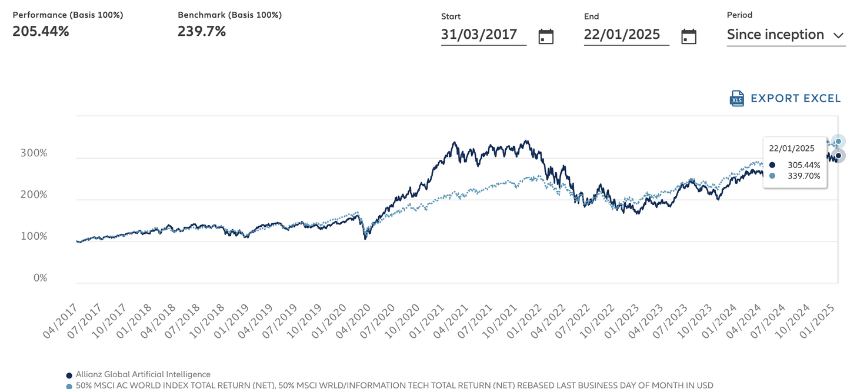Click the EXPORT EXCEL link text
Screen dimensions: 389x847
pyautogui.click(x=795, y=99)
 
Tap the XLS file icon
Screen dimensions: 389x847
pyautogui.click(x=737, y=99)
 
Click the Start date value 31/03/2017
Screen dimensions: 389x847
pyautogui.click(x=479, y=35)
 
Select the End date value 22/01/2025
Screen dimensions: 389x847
pyautogui.click(x=622, y=35)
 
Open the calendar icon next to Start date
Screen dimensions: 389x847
pyautogui.click(x=546, y=36)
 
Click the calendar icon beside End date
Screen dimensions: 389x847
pyautogui.click(x=689, y=36)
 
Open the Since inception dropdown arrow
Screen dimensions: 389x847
pyautogui.click(x=839, y=35)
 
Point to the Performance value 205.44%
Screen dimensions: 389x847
pyautogui.click(x=41, y=32)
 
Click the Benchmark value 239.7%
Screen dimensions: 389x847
pyautogui.click(x=202, y=32)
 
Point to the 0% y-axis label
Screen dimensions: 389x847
pyautogui.click(x=40, y=278)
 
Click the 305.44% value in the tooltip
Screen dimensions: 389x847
pyautogui.click(x=803, y=165)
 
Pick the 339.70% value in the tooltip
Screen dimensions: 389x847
pyautogui.click(x=803, y=176)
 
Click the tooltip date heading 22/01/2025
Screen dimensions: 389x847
pyautogui.click(x=791, y=149)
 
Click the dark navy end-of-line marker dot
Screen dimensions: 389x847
pyautogui.click(x=839, y=156)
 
